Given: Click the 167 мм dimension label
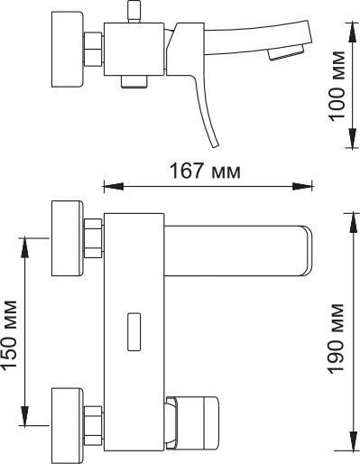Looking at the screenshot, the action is point(205,171).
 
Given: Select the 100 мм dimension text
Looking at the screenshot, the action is point(337,86).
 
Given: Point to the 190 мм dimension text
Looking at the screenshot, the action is point(336,339).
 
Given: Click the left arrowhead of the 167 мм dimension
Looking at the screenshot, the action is point(114,186).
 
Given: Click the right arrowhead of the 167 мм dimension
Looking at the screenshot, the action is point(302,186).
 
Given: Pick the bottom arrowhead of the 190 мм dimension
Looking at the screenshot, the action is point(353,441).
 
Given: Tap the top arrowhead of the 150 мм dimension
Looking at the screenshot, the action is point(24,247).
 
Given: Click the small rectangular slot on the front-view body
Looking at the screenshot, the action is point(134,331).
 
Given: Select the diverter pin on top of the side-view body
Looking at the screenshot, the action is point(134,12).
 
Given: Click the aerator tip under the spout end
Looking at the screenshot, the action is point(286,53).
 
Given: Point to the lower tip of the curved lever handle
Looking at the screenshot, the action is point(216,146).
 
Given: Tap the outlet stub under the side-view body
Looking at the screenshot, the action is point(134,81).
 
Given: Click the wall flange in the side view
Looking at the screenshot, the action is point(67,50).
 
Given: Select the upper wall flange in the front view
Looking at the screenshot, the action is point(68,238).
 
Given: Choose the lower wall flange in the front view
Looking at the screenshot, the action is point(68,425).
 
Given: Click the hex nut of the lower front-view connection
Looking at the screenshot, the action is point(93,425).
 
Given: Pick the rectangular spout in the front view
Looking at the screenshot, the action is point(238,250).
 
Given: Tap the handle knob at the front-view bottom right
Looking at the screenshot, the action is point(191,423).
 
